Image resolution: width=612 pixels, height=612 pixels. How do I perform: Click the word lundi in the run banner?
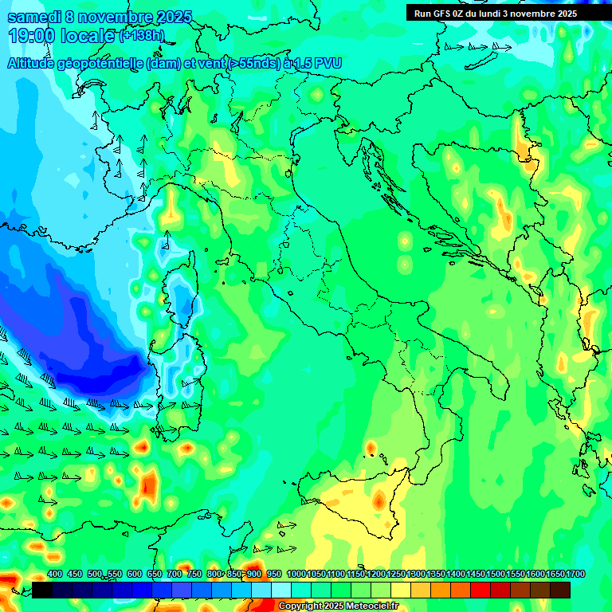click(x=500, y=14)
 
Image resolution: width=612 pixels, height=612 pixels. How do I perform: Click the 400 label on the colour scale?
click(x=55, y=575)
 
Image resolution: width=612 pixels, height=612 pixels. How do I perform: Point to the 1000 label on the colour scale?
click(x=296, y=575)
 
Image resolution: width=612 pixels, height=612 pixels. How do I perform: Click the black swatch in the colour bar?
click(x=41, y=590)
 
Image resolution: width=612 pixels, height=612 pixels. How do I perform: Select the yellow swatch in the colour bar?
click(x=401, y=590)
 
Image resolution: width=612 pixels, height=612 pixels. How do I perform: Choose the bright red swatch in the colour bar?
click(x=481, y=590)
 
